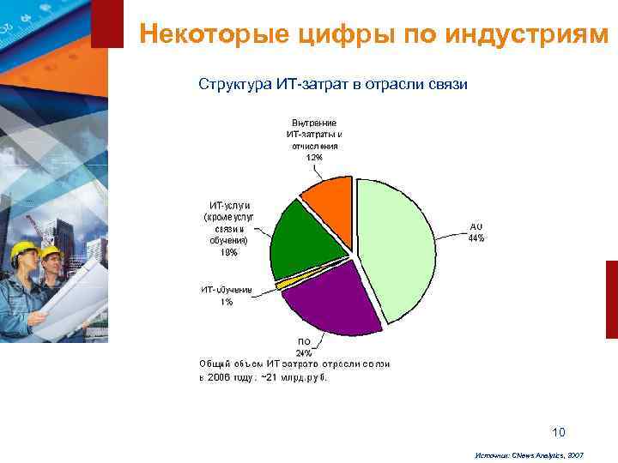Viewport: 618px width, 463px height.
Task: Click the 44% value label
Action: point(476,238)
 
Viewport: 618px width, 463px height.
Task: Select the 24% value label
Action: point(304,352)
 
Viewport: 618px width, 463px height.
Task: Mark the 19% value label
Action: point(229,253)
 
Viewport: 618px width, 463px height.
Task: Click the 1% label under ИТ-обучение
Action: point(227,302)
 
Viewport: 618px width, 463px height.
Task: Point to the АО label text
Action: point(476,226)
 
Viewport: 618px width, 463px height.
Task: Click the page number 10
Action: point(559,431)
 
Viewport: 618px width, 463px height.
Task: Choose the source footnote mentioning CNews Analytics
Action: point(528,456)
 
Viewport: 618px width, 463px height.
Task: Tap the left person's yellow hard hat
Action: point(22,250)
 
